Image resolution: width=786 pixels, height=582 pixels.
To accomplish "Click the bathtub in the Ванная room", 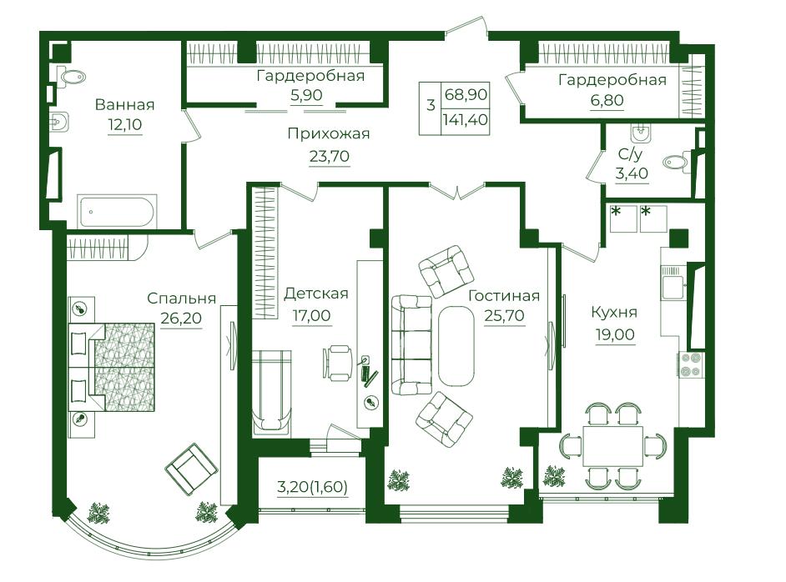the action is (x=117, y=211).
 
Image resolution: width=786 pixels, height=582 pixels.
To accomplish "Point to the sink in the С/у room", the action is (x=641, y=133).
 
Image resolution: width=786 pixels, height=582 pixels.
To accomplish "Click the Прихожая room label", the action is (x=329, y=133).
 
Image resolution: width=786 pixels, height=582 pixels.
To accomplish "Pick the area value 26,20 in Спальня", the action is (x=181, y=318).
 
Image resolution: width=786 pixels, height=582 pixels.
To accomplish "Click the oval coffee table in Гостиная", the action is (x=456, y=345).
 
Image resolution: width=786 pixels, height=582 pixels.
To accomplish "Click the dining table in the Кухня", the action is (x=612, y=445).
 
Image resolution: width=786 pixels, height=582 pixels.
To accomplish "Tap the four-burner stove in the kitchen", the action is (x=691, y=364).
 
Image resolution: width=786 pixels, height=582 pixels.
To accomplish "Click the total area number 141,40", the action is (x=466, y=120).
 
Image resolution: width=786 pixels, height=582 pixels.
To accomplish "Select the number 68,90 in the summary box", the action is (x=466, y=94).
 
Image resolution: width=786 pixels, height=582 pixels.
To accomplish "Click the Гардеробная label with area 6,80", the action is (x=612, y=80).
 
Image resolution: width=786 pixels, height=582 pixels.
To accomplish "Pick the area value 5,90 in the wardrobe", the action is (x=306, y=95).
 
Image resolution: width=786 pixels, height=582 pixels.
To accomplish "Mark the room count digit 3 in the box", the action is (x=431, y=106).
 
